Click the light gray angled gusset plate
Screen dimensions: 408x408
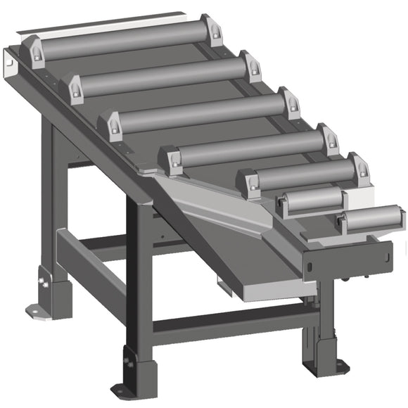[218, 204]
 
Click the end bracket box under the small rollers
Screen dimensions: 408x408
[345, 257]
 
